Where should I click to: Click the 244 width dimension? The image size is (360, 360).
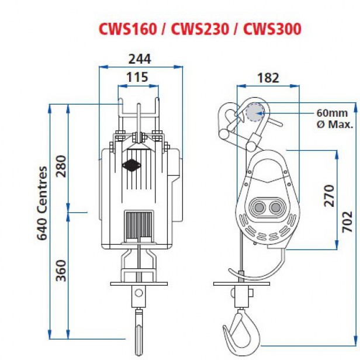[139, 58]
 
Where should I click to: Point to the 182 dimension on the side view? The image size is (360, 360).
[268, 77]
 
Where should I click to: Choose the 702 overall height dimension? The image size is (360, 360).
[347, 222]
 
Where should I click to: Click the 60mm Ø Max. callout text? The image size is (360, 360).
[332, 118]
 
